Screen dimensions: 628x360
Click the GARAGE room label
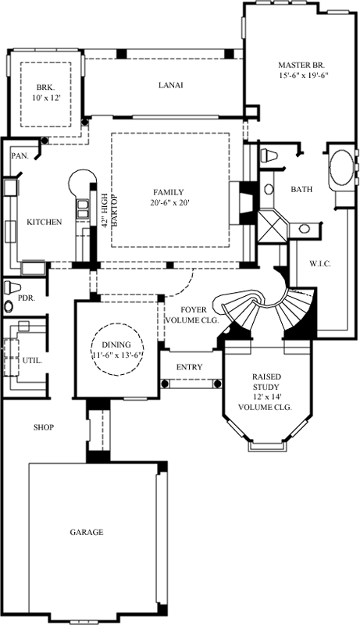87,532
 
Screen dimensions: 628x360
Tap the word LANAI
169,85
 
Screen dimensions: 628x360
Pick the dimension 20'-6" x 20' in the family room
169,202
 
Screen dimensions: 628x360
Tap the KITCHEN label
44,223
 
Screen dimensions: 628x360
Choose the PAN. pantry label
20,155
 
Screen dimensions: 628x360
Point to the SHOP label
43,427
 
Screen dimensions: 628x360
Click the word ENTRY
189,367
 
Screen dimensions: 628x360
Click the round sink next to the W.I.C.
304,229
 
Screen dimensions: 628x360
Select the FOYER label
192,309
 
